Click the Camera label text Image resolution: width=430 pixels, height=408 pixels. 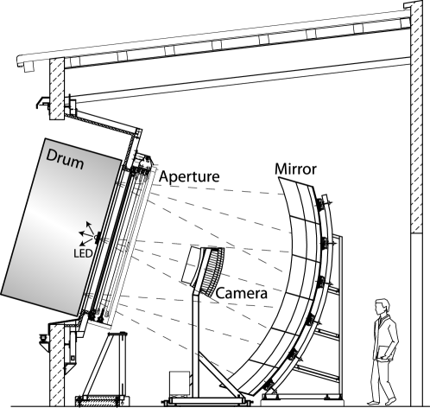click(242, 294)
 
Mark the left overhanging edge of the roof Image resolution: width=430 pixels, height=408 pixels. click(21, 63)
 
